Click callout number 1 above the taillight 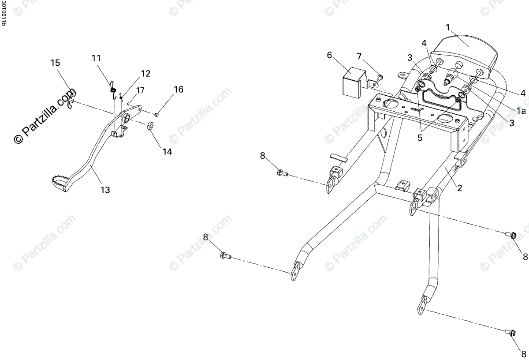pos(448,27)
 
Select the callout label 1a pos(522,112)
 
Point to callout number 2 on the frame pos(459,188)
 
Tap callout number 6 pos(329,55)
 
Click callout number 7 pos(359,56)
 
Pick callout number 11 pos(96,58)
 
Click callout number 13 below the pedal pos(105,190)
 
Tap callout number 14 pos(167,151)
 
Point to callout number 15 pos(55,63)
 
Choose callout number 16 pos(178,90)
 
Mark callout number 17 pos(140,90)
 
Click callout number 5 pos(420,137)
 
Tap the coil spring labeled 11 pos(113,90)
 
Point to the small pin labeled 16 pos(156,115)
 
